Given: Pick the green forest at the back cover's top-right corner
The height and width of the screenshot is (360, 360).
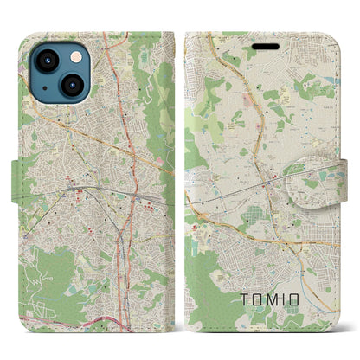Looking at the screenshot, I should coord(160,69).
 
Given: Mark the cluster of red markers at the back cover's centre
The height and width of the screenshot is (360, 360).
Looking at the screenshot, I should coord(87,186).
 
